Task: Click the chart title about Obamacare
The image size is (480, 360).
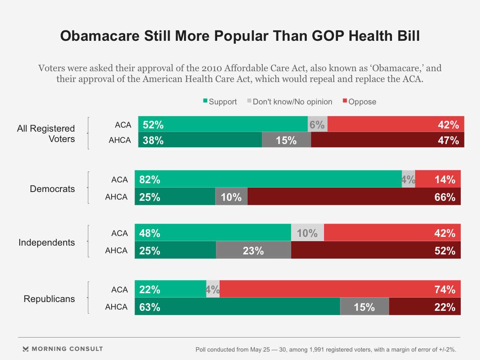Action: (x=240, y=36)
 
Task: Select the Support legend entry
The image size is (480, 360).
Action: (x=220, y=102)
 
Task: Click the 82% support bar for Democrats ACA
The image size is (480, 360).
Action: (x=268, y=179)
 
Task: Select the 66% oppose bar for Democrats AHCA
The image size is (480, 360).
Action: (x=354, y=197)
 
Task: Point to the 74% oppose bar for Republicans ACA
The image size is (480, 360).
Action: (x=340, y=289)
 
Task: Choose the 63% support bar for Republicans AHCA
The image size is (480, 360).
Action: (x=237, y=307)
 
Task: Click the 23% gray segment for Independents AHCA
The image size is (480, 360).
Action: (x=254, y=250)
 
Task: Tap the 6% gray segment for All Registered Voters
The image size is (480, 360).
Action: (x=318, y=124)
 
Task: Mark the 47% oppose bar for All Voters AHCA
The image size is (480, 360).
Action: (x=387, y=140)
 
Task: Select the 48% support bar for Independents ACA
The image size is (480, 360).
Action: (x=213, y=233)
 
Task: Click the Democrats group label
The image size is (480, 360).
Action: (x=52, y=189)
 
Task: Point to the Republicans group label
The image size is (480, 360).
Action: (x=49, y=299)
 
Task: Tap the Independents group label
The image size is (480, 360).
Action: (x=47, y=242)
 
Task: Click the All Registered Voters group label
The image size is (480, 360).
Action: (x=46, y=134)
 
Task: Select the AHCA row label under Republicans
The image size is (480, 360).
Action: (x=116, y=307)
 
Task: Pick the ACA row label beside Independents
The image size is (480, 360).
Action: (x=120, y=233)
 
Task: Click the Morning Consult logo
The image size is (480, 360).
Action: (x=63, y=349)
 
